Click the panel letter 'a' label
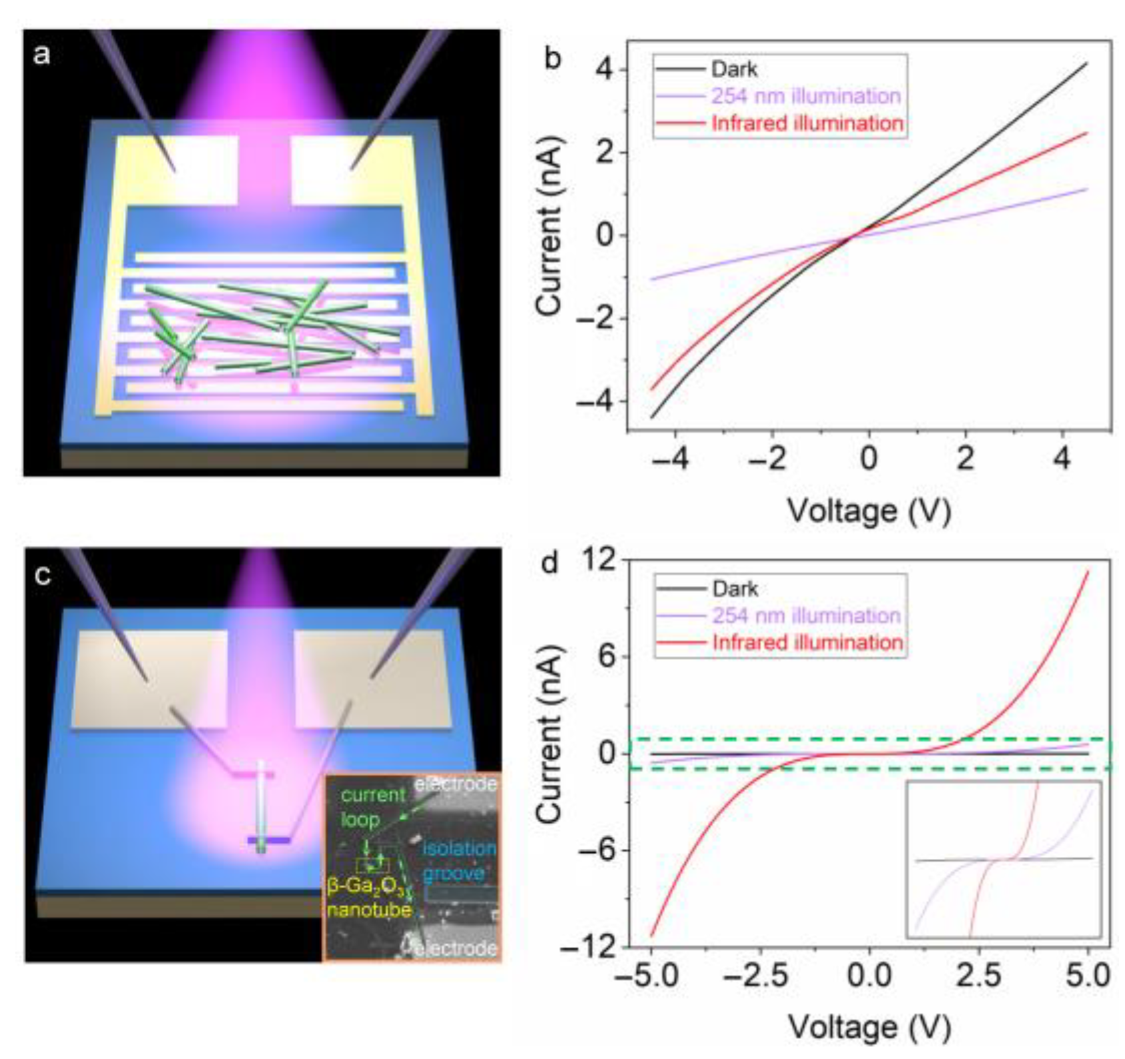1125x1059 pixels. click(41, 54)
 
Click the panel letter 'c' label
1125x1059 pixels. click(43, 574)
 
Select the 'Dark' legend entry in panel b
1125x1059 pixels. click(734, 69)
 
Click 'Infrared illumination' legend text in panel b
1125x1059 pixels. click(807, 123)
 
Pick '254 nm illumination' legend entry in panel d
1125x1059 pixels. click(806, 615)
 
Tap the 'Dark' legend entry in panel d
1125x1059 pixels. click(735, 589)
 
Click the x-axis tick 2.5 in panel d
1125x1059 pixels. click(978, 976)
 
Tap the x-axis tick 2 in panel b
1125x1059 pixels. click(965, 458)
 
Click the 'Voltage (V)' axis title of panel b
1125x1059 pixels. click(869, 511)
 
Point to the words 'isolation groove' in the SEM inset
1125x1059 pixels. click(458, 861)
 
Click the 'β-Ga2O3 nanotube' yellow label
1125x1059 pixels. click(368, 898)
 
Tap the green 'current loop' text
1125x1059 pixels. click(372, 806)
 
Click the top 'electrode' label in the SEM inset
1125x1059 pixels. click(456, 784)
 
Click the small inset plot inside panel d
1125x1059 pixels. click(1003, 860)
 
